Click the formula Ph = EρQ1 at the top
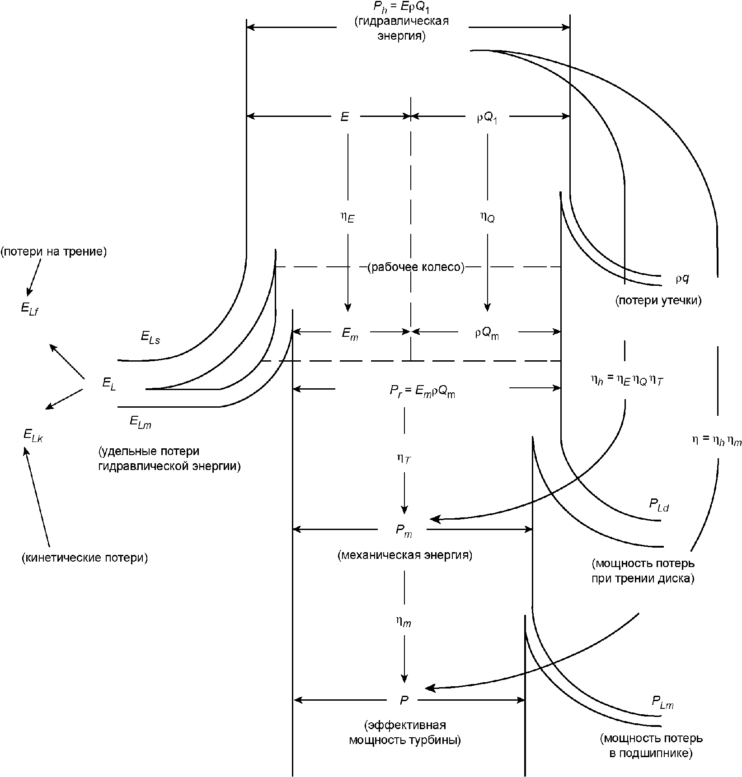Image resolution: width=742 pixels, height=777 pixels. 402,8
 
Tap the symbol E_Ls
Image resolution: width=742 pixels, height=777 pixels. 150,337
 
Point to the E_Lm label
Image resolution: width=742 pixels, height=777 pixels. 141,422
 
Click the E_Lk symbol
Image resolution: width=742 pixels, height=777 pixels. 33,436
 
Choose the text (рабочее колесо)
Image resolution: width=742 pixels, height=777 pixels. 416,268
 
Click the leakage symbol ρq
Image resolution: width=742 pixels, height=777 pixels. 682,279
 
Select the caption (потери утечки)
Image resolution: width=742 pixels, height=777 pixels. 658,301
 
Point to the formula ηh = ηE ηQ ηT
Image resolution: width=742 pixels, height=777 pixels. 627,381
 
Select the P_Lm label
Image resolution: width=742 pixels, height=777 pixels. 662,703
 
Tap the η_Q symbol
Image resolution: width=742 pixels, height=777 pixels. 487,217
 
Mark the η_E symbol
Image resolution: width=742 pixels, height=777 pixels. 348,217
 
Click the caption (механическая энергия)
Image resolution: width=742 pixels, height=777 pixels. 405,555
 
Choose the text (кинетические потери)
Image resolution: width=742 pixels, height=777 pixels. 85,558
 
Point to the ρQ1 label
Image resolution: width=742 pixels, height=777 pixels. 487,118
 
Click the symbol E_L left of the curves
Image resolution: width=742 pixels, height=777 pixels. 109,385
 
